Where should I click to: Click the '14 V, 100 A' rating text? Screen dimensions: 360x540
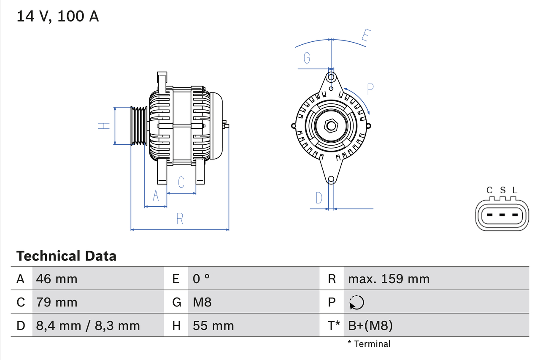(58, 16)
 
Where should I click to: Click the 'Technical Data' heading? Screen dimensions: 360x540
(66, 256)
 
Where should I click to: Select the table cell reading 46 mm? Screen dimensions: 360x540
(57, 279)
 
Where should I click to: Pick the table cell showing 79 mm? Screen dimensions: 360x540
(57, 302)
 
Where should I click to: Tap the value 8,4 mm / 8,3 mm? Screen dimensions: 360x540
(88, 325)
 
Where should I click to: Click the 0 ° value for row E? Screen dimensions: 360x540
(201, 279)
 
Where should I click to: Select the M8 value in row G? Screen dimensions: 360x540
(202, 302)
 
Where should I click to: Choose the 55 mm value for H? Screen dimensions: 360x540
(213, 325)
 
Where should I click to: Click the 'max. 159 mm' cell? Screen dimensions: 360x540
(389, 279)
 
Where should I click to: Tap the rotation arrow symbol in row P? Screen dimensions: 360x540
(356, 302)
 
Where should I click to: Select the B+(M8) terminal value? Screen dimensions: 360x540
(370, 325)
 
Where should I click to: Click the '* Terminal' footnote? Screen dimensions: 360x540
(369, 344)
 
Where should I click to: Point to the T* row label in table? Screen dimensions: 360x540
(334, 325)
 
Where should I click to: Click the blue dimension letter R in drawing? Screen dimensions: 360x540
(180, 219)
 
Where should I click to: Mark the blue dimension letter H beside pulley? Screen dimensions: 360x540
(104, 126)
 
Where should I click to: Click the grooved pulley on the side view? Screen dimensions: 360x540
(138, 126)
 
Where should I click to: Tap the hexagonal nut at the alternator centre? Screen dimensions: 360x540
(331, 126)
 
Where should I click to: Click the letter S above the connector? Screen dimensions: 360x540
(502, 190)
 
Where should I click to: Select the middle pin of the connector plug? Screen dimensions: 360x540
(502, 215)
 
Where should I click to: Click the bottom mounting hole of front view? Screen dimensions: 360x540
(331, 179)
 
